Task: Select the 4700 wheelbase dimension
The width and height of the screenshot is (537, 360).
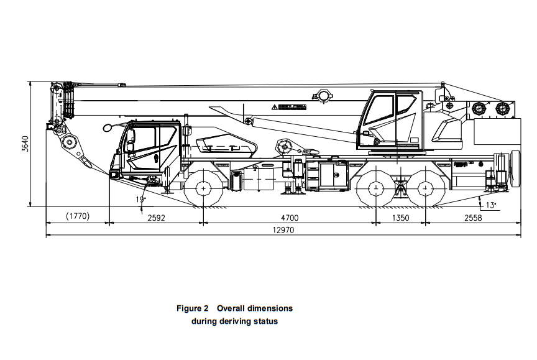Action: [290, 218]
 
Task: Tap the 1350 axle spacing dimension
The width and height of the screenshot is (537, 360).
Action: [402, 218]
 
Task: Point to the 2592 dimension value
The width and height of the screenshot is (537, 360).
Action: [156, 218]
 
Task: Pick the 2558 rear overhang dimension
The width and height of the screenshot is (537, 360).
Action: [472, 218]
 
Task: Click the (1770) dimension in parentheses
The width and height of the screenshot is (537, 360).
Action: [78, 216]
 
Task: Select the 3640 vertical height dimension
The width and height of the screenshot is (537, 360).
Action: [24, 144]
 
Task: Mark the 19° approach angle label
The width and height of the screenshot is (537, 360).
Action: [140, 199]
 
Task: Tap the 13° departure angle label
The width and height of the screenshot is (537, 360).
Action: [491, 205]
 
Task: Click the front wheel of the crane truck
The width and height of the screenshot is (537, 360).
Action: [204, 188]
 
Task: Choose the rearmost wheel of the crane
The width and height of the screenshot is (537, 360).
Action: [426, 188]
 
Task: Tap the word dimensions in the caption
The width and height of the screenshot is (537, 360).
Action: [267, 308]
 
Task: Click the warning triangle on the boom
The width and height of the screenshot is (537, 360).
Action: [274, 108]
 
